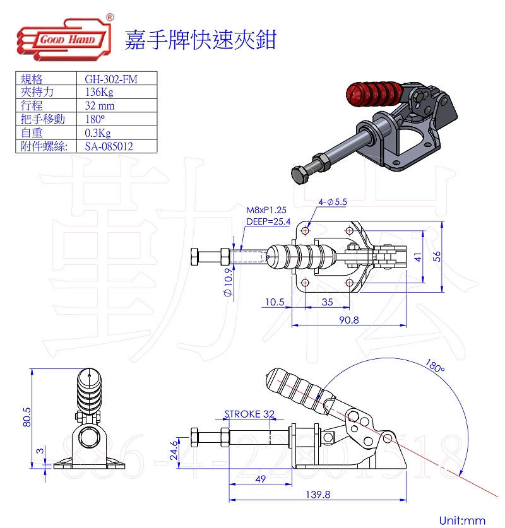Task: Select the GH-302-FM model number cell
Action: tap(111, 79)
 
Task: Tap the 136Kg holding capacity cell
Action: tap(99, 92)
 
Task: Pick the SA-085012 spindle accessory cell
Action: tap(109, 146)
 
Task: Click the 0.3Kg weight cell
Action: tap(97, 133)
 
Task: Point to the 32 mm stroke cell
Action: tap(100, 106)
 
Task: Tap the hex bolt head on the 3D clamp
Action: tap(300, 173)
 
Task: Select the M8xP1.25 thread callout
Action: tap(266, 210)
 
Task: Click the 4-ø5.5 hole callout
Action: tap(333, 202)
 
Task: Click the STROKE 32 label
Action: tap(250, 414)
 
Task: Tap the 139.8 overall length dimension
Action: tap(317, 495)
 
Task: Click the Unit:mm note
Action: tap(462, 520)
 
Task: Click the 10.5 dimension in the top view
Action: tap(274, 302)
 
